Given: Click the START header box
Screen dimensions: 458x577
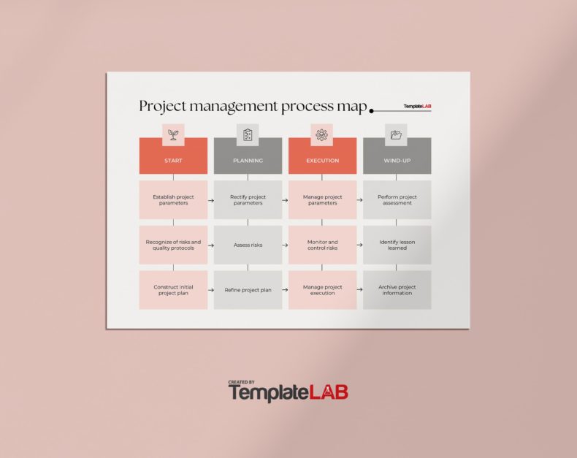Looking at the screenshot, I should click(173, 160).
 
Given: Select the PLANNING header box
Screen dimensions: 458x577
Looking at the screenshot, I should click(248, 160).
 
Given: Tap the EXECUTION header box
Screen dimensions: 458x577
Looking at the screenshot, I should click(322, 160).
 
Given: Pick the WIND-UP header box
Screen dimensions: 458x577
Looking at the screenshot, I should click(397, 160).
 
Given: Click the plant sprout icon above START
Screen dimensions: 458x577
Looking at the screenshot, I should click(173, 134).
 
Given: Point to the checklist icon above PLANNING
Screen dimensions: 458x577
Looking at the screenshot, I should click(248, 134).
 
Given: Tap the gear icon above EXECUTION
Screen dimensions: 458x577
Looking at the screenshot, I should click(321, 134).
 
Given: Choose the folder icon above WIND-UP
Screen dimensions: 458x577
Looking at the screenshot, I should click(396, 134).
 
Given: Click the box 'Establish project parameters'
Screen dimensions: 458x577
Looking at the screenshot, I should click(173, 199).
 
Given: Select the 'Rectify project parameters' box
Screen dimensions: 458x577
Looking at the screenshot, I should click(248, 199).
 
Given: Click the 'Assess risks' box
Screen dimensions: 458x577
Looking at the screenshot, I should click(248, 245).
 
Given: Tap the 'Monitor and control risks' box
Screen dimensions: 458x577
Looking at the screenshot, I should click(322, 245).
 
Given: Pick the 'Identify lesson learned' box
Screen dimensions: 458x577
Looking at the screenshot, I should click(397, 245).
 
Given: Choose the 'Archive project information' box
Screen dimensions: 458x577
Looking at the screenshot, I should click(397, 290).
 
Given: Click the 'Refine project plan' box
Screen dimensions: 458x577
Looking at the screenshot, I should click(248, 290).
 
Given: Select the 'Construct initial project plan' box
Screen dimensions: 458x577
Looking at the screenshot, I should click(173, 290).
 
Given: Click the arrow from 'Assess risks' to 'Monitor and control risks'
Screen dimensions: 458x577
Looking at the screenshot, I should click(285, 245).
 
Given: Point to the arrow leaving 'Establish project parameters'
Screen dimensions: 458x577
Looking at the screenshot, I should click(210, 199).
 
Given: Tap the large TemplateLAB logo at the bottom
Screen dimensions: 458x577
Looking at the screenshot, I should click(288, 392).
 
